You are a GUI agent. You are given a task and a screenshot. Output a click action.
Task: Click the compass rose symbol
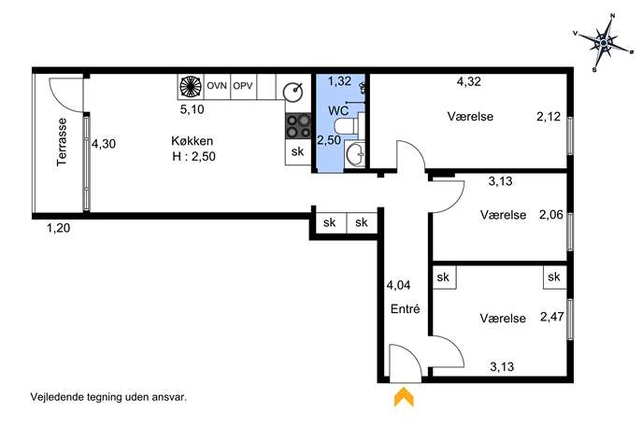[x=604, y=43]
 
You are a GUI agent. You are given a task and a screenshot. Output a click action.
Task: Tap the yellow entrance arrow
[x=404, y=397]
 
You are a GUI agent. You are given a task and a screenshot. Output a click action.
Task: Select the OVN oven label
[x=217, y=86]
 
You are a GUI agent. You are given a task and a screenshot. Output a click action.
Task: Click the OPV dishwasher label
[x=243, y=86]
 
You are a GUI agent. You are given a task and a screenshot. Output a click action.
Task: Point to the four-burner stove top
[x=298, y=126]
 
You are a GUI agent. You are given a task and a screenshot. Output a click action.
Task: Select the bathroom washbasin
[x=355, y=153]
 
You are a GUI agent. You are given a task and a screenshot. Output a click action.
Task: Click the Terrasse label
[x=62, y=142]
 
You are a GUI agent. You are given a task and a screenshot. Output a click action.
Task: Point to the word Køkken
[x=192, y=141]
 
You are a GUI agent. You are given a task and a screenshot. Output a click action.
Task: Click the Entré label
[x=406, y=308]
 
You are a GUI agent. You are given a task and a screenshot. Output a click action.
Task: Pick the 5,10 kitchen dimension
[x=192, y=109]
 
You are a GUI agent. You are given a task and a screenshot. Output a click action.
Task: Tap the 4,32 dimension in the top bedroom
[x=469, y=81]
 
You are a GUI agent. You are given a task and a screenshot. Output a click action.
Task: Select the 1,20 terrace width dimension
[x=58, y=228]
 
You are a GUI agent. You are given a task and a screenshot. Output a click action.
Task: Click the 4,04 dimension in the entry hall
[x=398, y=285]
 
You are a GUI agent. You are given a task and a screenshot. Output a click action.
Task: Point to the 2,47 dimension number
[x=552, y=317]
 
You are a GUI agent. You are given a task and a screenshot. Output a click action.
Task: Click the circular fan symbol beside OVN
[x=191, y=86]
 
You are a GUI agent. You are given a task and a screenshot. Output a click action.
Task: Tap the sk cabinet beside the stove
[x=298, y=152]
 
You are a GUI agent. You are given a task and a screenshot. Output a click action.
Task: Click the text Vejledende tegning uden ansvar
[x=108, y=397]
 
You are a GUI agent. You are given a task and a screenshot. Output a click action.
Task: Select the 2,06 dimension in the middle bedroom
[x=551, y=215]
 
